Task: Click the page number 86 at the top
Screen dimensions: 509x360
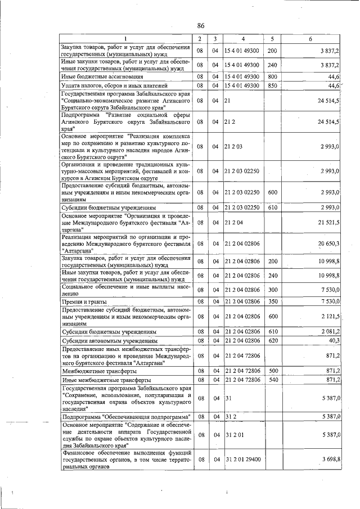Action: tap(201, 25)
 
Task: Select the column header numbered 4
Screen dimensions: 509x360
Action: tap(243, 39)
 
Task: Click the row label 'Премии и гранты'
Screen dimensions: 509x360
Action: tap(84, 303)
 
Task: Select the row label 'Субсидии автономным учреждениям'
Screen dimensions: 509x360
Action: tap(109, 341)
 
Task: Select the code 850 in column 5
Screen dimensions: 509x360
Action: tap(272, 85)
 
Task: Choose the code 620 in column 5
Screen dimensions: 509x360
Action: tap(272, 341)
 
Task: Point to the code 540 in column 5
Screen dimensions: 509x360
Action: tap(272, 381)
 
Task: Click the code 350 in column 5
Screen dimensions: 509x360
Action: tap(272, 303)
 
